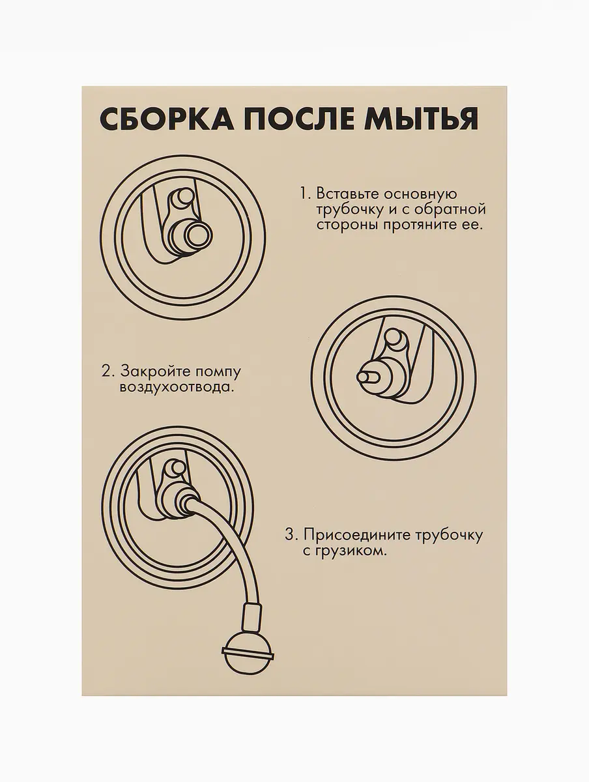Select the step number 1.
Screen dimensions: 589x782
tap(304, 194)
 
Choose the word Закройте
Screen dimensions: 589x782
tap(155, 371)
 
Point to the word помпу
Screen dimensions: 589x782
tap(218, 373)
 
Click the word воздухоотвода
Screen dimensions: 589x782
tap(177, 388)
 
